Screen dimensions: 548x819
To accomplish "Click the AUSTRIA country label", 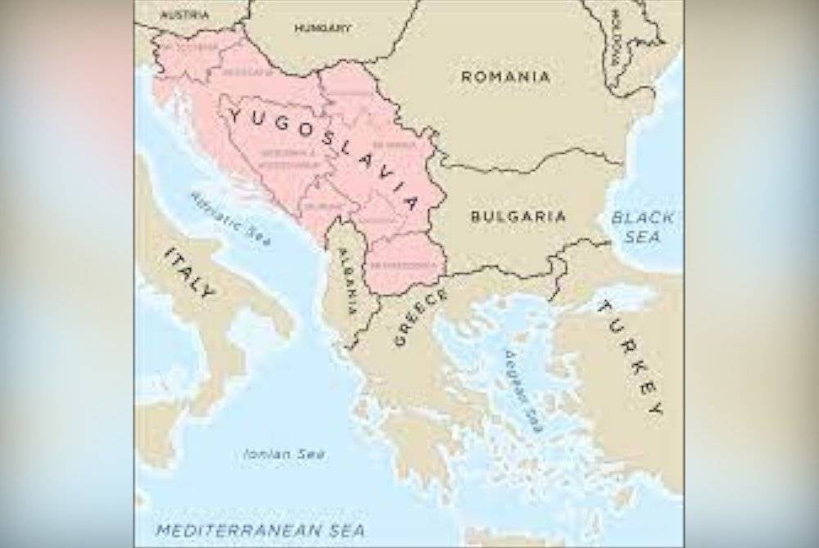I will pos(184,15).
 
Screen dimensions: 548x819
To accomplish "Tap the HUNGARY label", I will pos(323,28).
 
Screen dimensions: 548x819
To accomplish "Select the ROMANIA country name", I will pos(505,77).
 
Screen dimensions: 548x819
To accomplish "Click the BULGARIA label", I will pos(518,217).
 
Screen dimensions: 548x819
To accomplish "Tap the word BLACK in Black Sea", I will pos(643,218).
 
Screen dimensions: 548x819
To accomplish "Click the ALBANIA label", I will pos(347,282).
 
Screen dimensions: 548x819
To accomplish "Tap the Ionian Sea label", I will pos(284,453).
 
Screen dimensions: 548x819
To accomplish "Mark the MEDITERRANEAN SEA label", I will pos(260,530).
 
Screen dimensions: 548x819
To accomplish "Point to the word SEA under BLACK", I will pos(643,236).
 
